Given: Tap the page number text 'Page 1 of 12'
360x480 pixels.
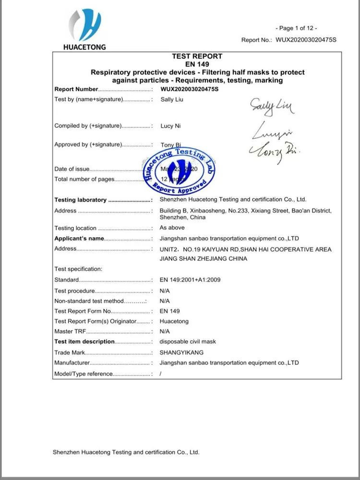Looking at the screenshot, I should (x=296, y=28).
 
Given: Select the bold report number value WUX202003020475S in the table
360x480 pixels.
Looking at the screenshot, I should (x=189, y=89).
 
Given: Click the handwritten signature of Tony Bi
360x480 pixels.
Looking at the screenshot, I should (x=275, y=151).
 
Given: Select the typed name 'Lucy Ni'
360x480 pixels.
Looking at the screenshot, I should (x=170, y=126).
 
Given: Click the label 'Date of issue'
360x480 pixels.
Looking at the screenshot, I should (x=72, y=169).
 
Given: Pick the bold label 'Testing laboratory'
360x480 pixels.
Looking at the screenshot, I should (x=80, y=200).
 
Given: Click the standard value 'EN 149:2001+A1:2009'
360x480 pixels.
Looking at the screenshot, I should (x=190, y=280).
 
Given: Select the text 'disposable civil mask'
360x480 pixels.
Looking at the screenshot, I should (x=188, y=342).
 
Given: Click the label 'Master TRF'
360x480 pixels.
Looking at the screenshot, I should (x=70, y=332).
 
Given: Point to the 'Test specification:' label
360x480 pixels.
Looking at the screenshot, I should (x=78, y=269).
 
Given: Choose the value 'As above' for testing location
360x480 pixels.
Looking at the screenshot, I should (x=172, y=228).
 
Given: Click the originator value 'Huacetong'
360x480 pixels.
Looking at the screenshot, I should (x=174, y=322).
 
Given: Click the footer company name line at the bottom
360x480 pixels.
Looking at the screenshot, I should (x=126, y=452).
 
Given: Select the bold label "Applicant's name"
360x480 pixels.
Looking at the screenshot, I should (x=79, y=239).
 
